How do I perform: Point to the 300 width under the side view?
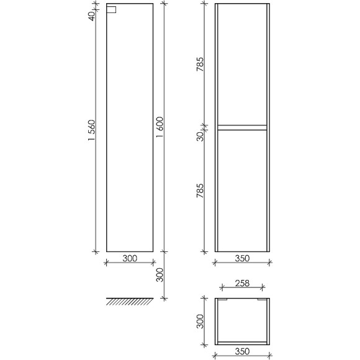(x=129, y=259)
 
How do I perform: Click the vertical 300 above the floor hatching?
(x=160, y=274)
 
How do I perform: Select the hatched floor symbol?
(x=129, y=302)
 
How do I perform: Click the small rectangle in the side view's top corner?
(x=112, y=10)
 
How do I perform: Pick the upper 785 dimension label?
(x=200, y=65)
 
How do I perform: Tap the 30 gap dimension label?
(x=200, y=135)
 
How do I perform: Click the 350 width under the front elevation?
(x=242, y=259)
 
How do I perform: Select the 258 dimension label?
(x=242, y=284)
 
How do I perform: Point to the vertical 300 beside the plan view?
(x=200, y=321)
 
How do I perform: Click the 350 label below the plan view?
(x=242, y=352)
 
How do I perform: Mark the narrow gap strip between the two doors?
(x=242, y=127)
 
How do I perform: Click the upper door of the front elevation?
(x=242, y=65)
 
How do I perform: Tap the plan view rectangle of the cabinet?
(x=242, y=321)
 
